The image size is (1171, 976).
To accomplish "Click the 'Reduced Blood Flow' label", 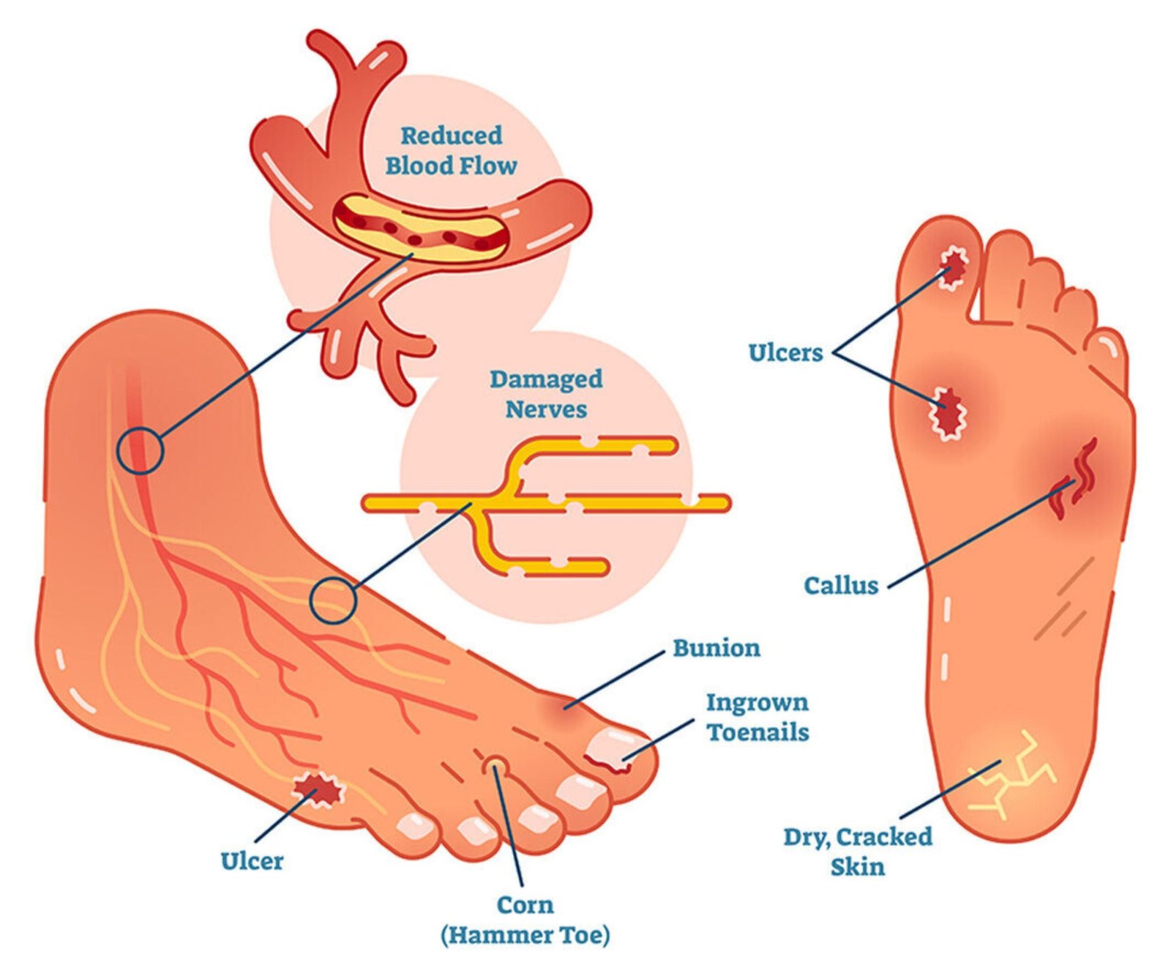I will click(x=451, y=151).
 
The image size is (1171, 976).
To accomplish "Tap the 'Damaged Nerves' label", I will click(x=546, y=394).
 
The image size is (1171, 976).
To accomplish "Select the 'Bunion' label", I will click(x=716, y=648).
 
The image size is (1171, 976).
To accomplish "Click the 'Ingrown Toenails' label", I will click(x=757, y=718).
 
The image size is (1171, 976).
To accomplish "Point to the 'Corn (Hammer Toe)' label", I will click(x=525, y=920).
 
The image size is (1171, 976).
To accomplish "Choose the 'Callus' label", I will click(x=841, y=585).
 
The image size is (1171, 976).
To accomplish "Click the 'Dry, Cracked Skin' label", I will click(x=858, y=852).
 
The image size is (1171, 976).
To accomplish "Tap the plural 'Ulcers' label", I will click(x=785, y=352).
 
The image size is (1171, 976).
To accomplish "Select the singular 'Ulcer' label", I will click(x=252, y=860).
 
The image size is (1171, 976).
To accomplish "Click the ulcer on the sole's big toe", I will click(x=952, y=269).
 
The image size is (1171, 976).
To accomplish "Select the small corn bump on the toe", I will click(x=497, y=767).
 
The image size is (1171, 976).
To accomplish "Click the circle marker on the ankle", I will click(x=140, y=450).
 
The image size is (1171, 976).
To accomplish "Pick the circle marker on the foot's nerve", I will click(x=333, y=600).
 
